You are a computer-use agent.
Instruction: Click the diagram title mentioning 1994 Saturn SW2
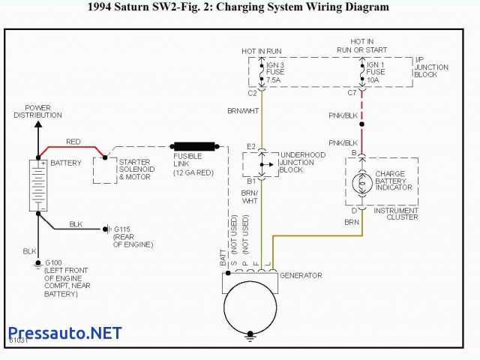238,7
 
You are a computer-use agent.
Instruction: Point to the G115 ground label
123,229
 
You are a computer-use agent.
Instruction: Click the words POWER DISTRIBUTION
37,111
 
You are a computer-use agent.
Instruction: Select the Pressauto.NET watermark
63,333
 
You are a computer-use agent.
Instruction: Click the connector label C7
352,93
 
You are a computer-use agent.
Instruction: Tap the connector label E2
251,146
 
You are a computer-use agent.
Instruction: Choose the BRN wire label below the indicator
351,222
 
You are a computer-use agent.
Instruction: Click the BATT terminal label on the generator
223,256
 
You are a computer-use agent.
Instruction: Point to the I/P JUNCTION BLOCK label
431,67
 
